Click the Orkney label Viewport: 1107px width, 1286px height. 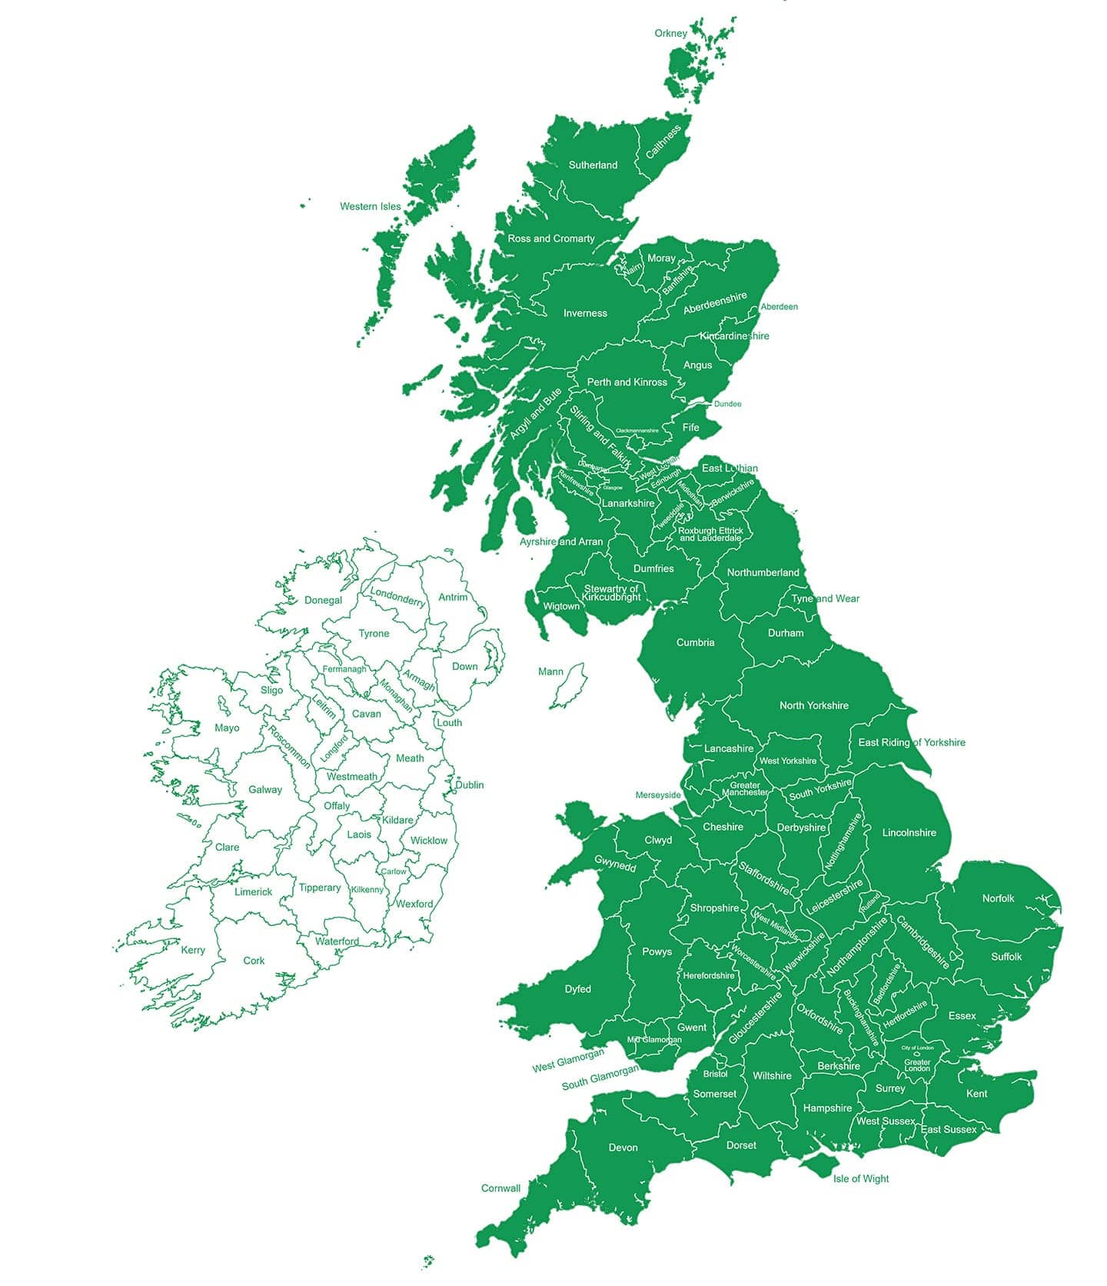coord(670,33)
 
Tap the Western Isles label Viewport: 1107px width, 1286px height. coord(370,206)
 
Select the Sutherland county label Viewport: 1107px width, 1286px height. coord(593,165)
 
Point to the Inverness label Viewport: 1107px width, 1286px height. coord(585,313)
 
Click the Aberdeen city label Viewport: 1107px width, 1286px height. coord(779,307)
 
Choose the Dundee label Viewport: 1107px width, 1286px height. coord(727,404)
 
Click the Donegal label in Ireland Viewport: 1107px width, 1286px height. coord(323,600)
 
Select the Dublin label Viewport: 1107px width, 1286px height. coord(469,785)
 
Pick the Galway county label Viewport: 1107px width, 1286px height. coord(265,789)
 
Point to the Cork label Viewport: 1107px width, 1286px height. coord(254,961)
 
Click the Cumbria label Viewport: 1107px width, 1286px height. coord(695,642)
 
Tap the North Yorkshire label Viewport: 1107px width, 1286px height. coord(813,705)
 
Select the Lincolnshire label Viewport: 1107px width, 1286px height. coord(909,832)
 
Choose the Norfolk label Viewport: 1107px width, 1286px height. coord(998,898)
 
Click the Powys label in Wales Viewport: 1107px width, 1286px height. coord(657,951)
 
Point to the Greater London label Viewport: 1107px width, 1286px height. coord(917,1065)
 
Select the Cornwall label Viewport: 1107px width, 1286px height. coord(500,1188)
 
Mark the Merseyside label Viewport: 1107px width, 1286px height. coord(658,795)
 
